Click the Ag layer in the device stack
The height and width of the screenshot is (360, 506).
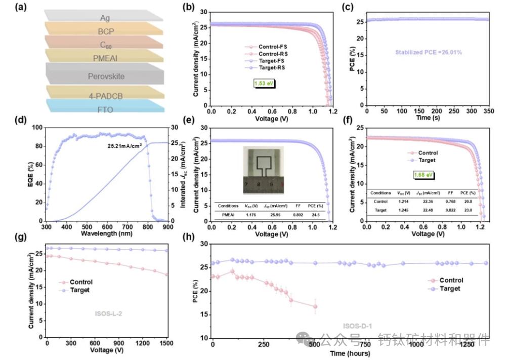(x=105, y=18)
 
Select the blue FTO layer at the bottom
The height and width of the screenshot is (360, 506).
(x=105, y=107)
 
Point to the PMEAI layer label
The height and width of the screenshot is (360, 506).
(x=105, y=59)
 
